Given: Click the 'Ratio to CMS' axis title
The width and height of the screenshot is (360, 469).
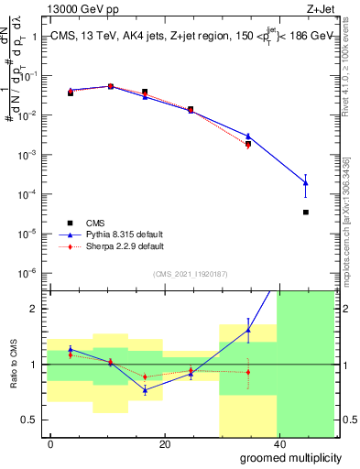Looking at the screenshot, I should (13, 365).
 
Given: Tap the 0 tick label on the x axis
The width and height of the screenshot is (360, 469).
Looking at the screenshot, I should (50, 444).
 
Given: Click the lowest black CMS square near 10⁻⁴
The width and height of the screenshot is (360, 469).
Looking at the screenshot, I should (305, 213).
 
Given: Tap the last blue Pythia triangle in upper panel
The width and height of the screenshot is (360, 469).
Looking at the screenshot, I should (305, 183).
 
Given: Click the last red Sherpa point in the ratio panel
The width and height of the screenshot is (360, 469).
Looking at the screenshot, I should (248, 372).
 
